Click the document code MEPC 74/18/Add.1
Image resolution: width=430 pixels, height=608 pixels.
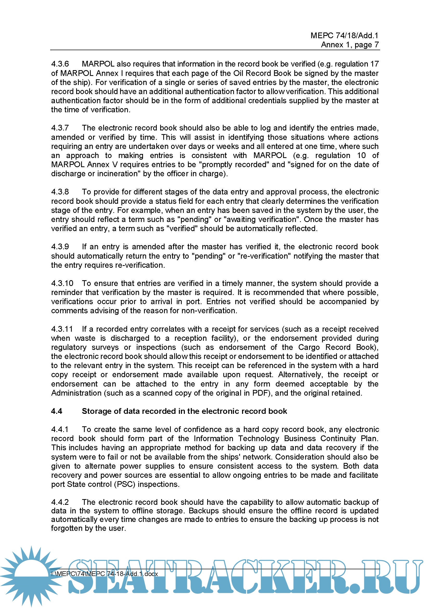tap(344, 36)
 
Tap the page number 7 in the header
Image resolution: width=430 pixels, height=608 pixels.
tap(376, 45)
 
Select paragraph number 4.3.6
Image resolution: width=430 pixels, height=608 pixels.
tap(60, 64)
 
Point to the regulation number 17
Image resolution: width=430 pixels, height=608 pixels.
tap(374, 64)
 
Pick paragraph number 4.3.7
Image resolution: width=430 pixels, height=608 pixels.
tap(60, 128)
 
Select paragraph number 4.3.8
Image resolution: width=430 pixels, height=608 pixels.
tap(60, 192)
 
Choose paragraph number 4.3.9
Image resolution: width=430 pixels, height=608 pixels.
tap(60, 247)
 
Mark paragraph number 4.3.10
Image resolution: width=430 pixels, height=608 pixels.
tap(62, 283)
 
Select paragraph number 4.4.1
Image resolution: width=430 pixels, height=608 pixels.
tap(60, 429)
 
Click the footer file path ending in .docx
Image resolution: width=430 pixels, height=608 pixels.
tap(105, 574)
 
